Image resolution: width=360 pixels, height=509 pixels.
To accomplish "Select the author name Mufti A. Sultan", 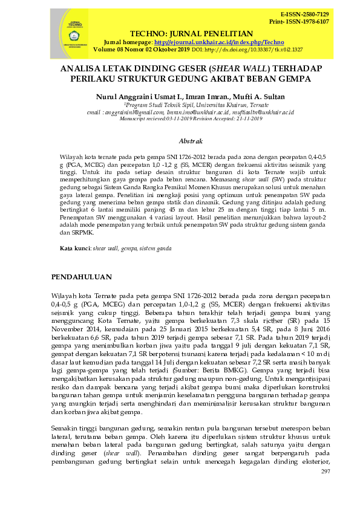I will click(x=264, y=97).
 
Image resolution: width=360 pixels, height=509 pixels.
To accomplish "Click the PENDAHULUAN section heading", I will click(x=82, y=277).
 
